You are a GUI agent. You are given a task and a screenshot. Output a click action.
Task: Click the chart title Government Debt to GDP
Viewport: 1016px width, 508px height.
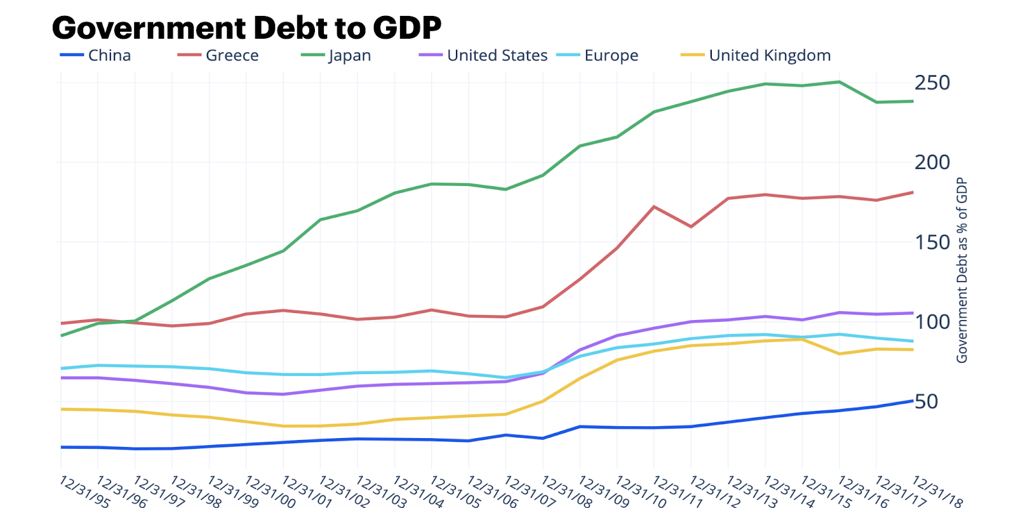point(246,28)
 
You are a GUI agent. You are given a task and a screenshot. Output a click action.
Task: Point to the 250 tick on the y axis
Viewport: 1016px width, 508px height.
point(932,83)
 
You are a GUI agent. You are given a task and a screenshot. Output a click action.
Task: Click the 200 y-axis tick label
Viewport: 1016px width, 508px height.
point(932,162)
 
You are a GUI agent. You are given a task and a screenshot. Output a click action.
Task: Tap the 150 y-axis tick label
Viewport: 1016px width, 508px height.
point(932,242)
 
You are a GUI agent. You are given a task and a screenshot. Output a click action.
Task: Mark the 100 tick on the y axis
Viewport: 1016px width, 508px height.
point(932,321)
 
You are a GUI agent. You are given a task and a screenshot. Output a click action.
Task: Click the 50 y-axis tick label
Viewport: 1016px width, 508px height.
point(926,401)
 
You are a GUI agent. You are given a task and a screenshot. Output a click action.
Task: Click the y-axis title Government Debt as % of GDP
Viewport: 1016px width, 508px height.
point(962,270)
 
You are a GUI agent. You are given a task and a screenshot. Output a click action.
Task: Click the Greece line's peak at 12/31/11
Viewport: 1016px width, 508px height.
point(654,206)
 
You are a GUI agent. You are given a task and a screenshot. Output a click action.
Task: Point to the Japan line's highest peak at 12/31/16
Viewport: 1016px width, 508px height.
point(839,82)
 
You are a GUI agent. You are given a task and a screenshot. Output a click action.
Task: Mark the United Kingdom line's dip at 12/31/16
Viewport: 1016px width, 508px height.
point(839,354)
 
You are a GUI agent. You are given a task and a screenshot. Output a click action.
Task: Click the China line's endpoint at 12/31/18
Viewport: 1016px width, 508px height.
point(913,401)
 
